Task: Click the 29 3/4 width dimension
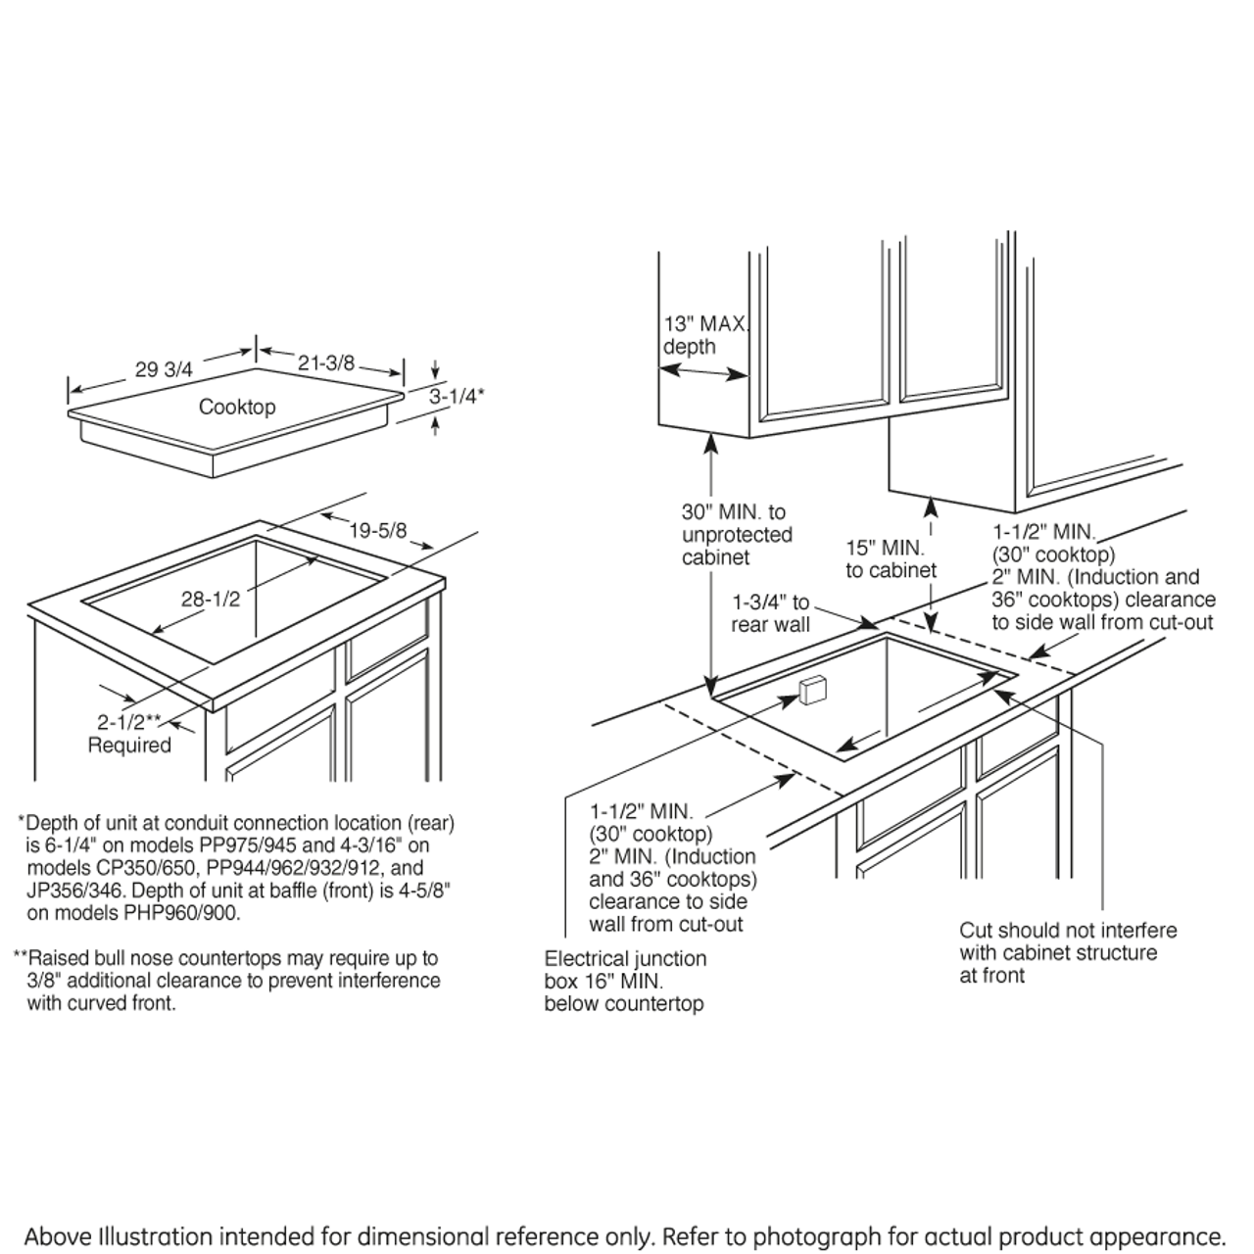[164, 369]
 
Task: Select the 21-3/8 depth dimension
[325, 362]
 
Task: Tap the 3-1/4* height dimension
[457, 396]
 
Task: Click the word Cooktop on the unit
[237, 407]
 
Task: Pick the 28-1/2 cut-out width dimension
[210, 599]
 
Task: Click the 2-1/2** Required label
[129, 734]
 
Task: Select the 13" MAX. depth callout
[705, 335]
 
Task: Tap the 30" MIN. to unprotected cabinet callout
[736, 534]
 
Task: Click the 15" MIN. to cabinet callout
[891, 558]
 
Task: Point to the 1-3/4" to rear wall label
[771, 613]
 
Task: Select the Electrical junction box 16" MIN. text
[625, 981]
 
